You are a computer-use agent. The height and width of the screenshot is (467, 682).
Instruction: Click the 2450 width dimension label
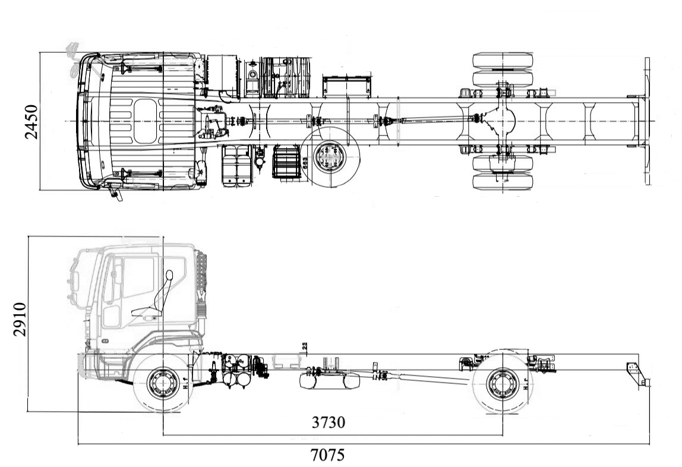tap(31, 122)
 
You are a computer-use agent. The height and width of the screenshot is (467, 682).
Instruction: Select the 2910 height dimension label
tap(20, 319)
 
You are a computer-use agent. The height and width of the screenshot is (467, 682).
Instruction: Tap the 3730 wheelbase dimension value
tap(329, 422)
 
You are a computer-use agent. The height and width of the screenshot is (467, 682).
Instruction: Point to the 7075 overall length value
tap(327, 455)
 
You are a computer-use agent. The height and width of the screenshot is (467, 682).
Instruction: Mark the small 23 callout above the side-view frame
tap(304, 346)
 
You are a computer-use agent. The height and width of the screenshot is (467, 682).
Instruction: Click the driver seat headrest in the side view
tap(169, 276)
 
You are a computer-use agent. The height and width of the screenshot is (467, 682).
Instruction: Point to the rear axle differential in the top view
tap(503, 121)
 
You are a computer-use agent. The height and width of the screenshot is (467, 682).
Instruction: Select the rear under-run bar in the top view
tap(646, 121)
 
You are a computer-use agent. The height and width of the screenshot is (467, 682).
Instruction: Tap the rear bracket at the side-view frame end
tap(636, 373)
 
